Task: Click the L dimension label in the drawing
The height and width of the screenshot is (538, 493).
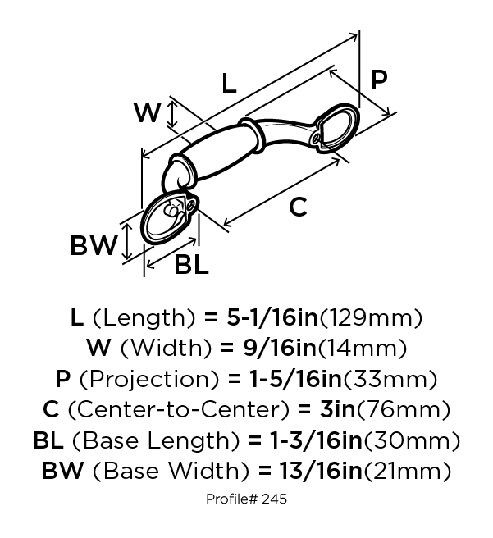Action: (229, 83)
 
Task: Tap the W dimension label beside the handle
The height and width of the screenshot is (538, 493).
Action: (147, 112)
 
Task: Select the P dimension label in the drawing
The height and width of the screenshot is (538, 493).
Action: (379, 80)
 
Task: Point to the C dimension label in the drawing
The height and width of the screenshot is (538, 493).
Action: (298, 207)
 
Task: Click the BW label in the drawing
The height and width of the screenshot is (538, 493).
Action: (94, 246)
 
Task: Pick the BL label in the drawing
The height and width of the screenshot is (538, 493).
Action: (191, 265)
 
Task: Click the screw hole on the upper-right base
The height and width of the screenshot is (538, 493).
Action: (317, 138)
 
